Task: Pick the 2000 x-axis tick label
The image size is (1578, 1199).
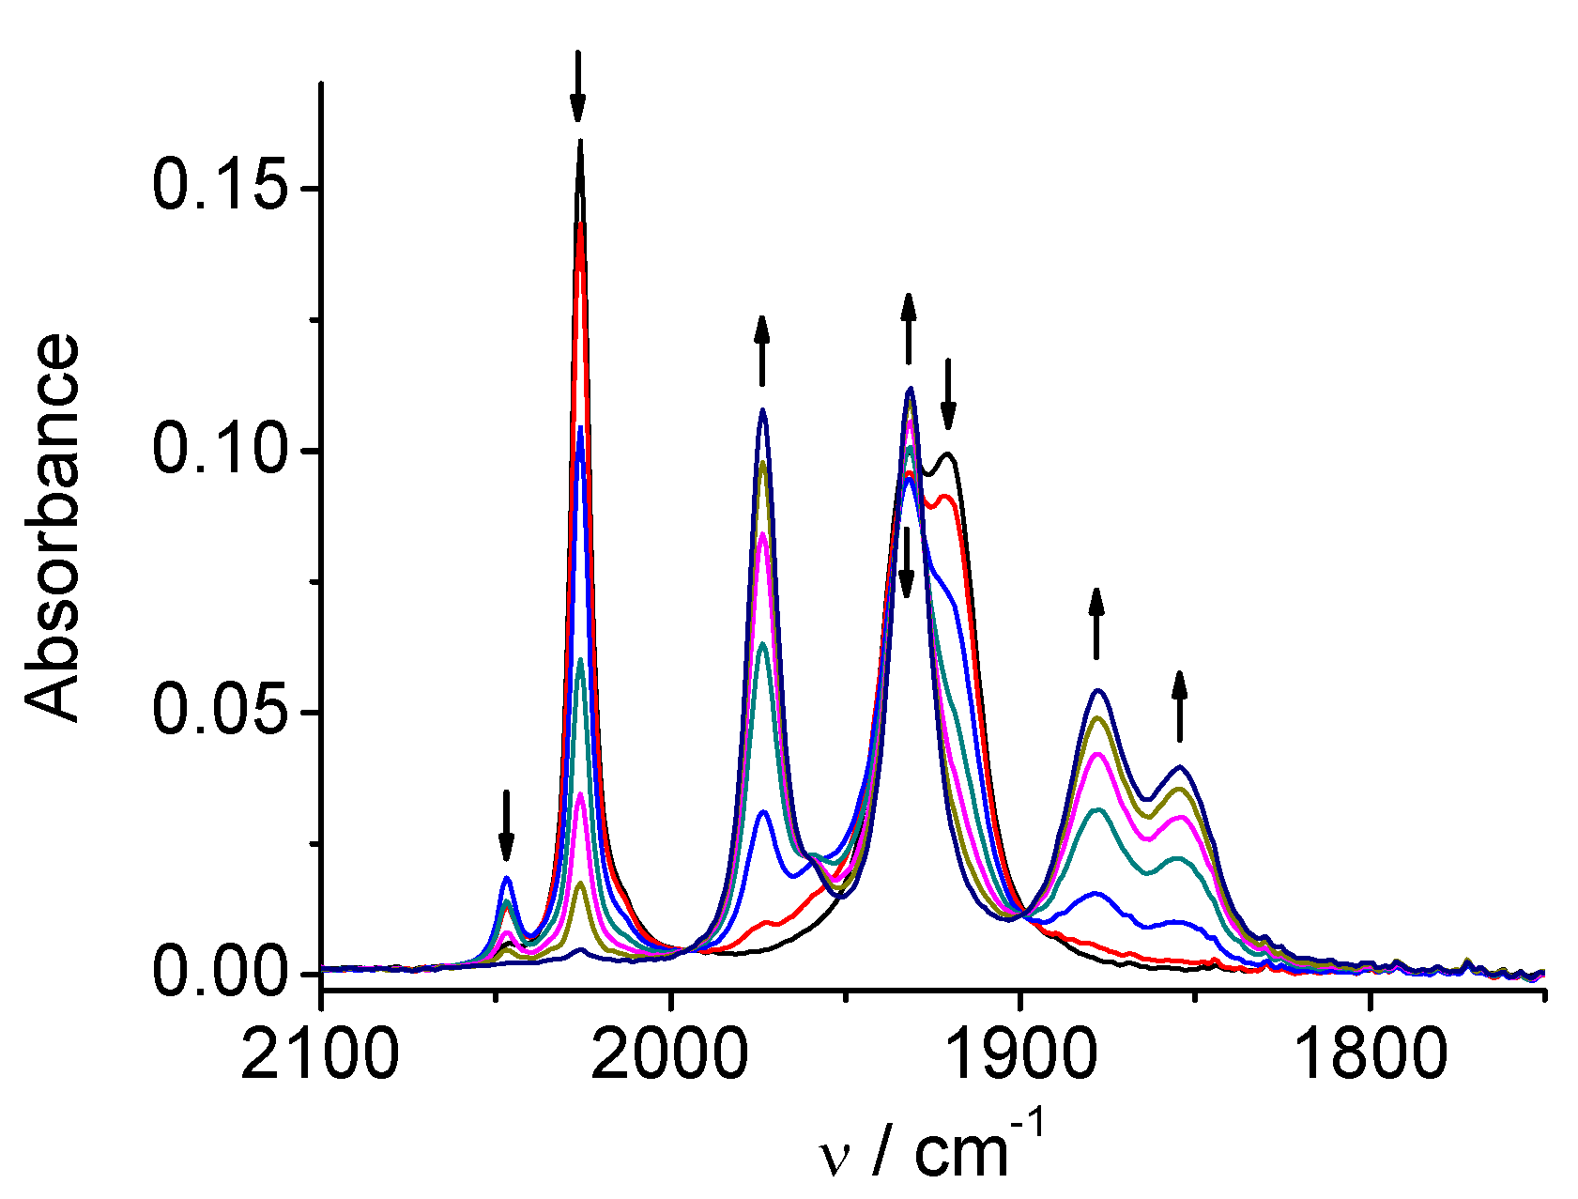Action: tap(670, 1055)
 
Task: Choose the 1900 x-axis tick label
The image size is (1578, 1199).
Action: tap(1019, 1055)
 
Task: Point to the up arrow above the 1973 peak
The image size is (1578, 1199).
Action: tap(761, 350)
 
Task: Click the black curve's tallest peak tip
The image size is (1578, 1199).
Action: tap(580, 141)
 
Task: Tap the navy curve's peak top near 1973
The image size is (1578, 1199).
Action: tap(763, 409)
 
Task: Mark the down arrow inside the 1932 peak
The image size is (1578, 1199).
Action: tap(907, 561)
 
